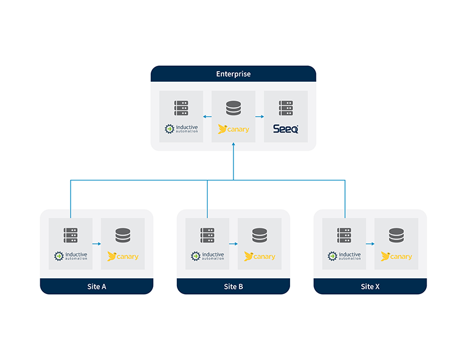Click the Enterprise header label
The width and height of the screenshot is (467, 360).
[x=233, y=74]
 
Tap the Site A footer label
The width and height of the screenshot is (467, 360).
[x=96, y=286]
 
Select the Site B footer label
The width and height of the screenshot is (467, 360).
[x=233, y=286]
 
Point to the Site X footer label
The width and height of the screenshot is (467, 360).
[x=370, y=286]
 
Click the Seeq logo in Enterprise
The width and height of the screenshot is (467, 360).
[x=285, y=129]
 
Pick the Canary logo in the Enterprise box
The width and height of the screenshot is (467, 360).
[x=233, y=129]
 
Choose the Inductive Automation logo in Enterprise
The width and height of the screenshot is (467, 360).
[x=182, y=129]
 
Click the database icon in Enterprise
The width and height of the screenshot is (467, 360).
[x=233, y=108]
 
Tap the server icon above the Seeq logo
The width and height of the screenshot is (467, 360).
[x=285, y=108]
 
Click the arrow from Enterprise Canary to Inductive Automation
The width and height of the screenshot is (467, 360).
[x=207, y=116]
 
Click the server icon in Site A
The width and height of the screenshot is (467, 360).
[x=71, y=235]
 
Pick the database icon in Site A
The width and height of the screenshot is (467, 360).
[x=123, y=235]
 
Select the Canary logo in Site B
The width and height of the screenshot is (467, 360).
[x=260, y=256]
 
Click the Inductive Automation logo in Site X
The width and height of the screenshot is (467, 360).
[x=344, y=256]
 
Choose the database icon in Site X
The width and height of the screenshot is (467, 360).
[x=396, y=235]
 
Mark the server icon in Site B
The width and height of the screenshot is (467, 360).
[x=207, y=235]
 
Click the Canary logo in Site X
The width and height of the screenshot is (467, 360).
[x=396, y=256]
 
